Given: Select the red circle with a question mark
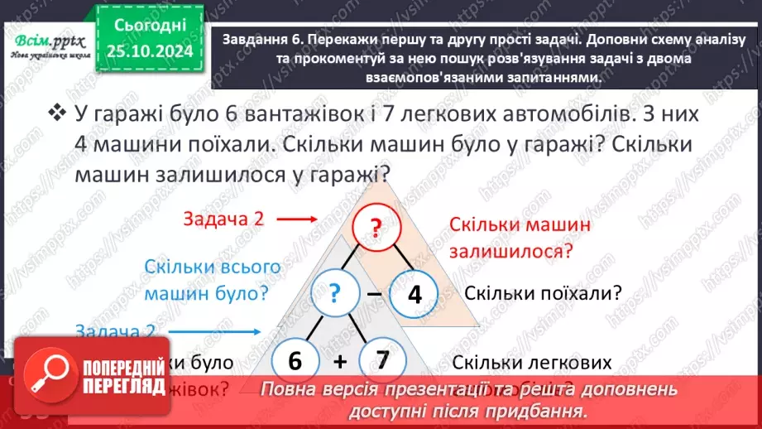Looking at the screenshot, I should tap(376, 231).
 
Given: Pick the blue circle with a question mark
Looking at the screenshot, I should tap(335, 293).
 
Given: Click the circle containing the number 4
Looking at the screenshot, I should tap(414, 294).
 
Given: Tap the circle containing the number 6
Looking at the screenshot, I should tap(293, 362).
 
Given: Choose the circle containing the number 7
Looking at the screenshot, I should tap(381, 361).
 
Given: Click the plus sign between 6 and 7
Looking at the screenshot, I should tap(338, 362).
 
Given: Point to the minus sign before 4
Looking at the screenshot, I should tap(374, 293).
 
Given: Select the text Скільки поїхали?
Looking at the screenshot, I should tap(543, 293).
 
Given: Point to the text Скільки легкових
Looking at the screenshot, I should tap(532, 362).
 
